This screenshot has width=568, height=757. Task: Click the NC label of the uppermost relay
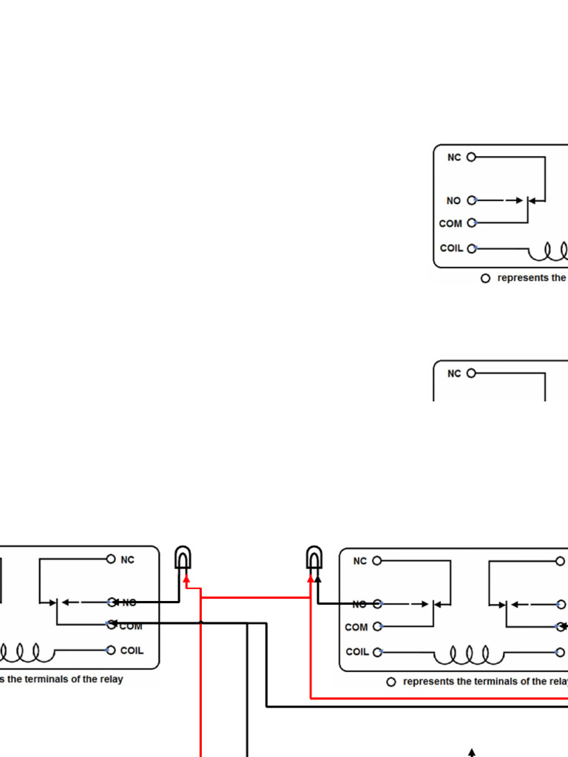pos(454,157)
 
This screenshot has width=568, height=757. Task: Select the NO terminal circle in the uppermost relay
pos(472,200)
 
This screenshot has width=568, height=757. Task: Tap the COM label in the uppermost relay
pos(450,223)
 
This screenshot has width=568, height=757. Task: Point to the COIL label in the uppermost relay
pos(452,248)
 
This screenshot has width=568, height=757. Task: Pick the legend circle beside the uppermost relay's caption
pos(486,279)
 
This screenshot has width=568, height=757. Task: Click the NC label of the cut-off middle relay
pos(454,374)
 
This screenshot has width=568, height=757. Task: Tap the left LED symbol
pos(183,557)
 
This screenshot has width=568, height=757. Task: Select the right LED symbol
pos(314,557)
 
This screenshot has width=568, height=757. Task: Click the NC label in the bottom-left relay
pos(128,560)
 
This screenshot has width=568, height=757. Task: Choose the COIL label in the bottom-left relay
pos(132,651)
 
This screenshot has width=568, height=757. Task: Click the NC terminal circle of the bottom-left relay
pos(111,560)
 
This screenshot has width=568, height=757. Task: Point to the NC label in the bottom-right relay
pos(360,561)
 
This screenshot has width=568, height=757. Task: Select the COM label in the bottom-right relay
pos(356,628)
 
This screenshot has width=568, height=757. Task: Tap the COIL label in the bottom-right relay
pos(357,652)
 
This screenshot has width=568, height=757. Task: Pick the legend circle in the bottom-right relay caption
pos(391,682)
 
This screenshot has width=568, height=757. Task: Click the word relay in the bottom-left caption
pos(110,679)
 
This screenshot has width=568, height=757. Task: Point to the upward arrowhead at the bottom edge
pos(471,753)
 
